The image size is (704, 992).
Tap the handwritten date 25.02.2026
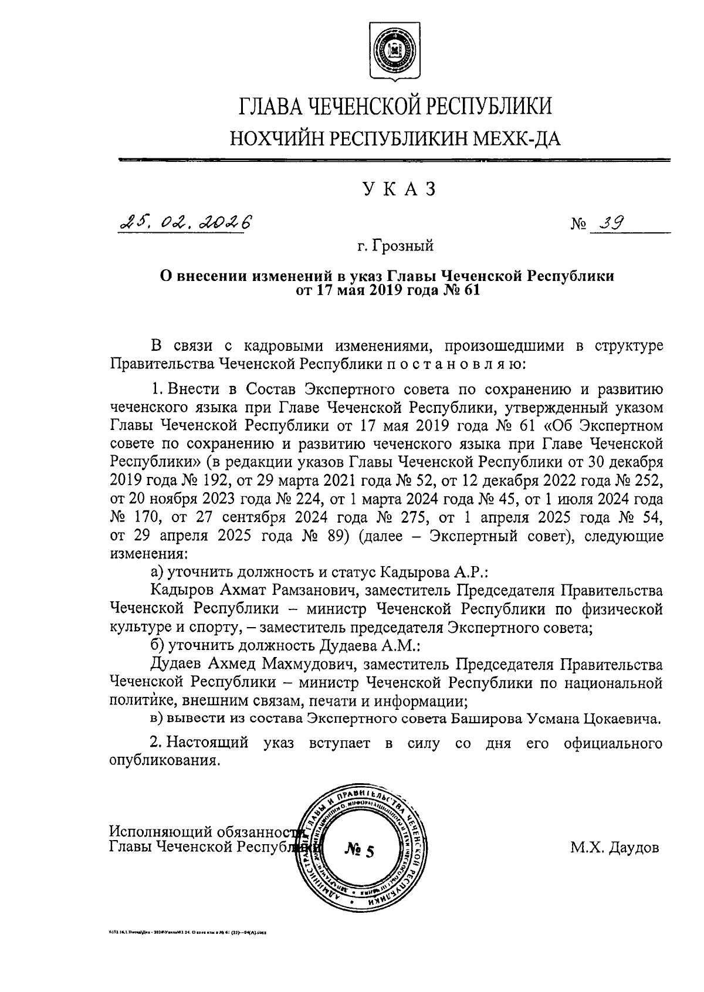[184, 222]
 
